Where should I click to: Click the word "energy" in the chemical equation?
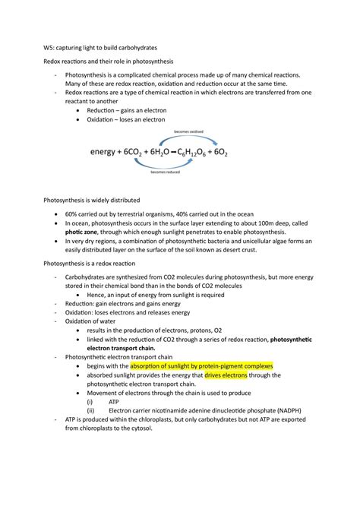tap(106, 152)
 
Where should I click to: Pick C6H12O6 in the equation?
tap(232, 152)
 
